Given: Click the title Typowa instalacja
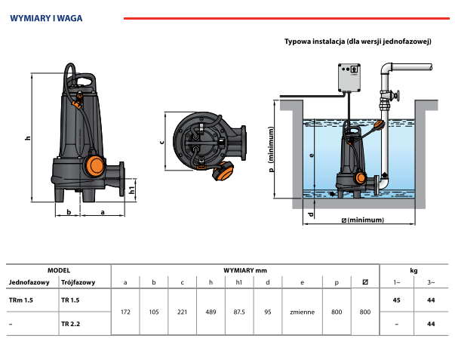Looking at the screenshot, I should (x=357, y=42).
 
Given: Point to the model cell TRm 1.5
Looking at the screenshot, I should (x=21, y=301).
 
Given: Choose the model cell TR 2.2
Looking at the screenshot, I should (x=69, y=324).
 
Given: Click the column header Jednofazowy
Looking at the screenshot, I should (x=29, y=282).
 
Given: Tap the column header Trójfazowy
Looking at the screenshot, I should (x=77, y=282).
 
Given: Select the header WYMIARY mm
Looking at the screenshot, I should (x=245, y=270).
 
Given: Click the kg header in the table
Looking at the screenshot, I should (x=413, y=270).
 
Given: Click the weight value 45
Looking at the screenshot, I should (x=397, y=301).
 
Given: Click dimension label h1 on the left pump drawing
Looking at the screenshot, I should (x=132, y=190).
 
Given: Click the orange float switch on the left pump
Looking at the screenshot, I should (x=93, y=164).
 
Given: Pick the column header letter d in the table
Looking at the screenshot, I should (x=267, y=282).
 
